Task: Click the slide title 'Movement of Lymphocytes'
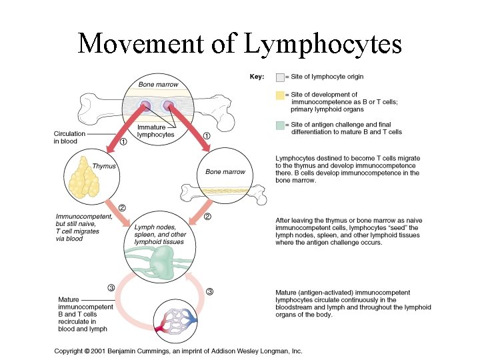pyautogui.click(x=239, y=43)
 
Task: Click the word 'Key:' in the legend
pyautogui.click(x=257, y=77)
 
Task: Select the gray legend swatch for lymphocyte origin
pyautogui.click(x=280, y=77)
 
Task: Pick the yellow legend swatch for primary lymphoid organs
pyautogui.click(x=280, y=95)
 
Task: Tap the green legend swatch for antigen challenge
pyautogui.click(x=280, y=125)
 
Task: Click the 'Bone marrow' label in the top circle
pyautogui.click(x=159, y=85)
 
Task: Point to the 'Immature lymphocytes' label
pyautogui.click(x=155, y=131)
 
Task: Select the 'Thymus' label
pyautogui.click(x=104, y=166)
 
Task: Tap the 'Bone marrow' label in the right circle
pyautogui.click(x=225, y=172)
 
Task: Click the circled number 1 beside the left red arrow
pyautogui.click(x=124, y=141)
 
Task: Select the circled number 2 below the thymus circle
pyautogui.click(x=122, y=207)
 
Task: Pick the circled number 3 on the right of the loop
pyautogui.click(x=209, y=291)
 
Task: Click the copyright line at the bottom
pyautogui.click(x=178, y=351)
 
